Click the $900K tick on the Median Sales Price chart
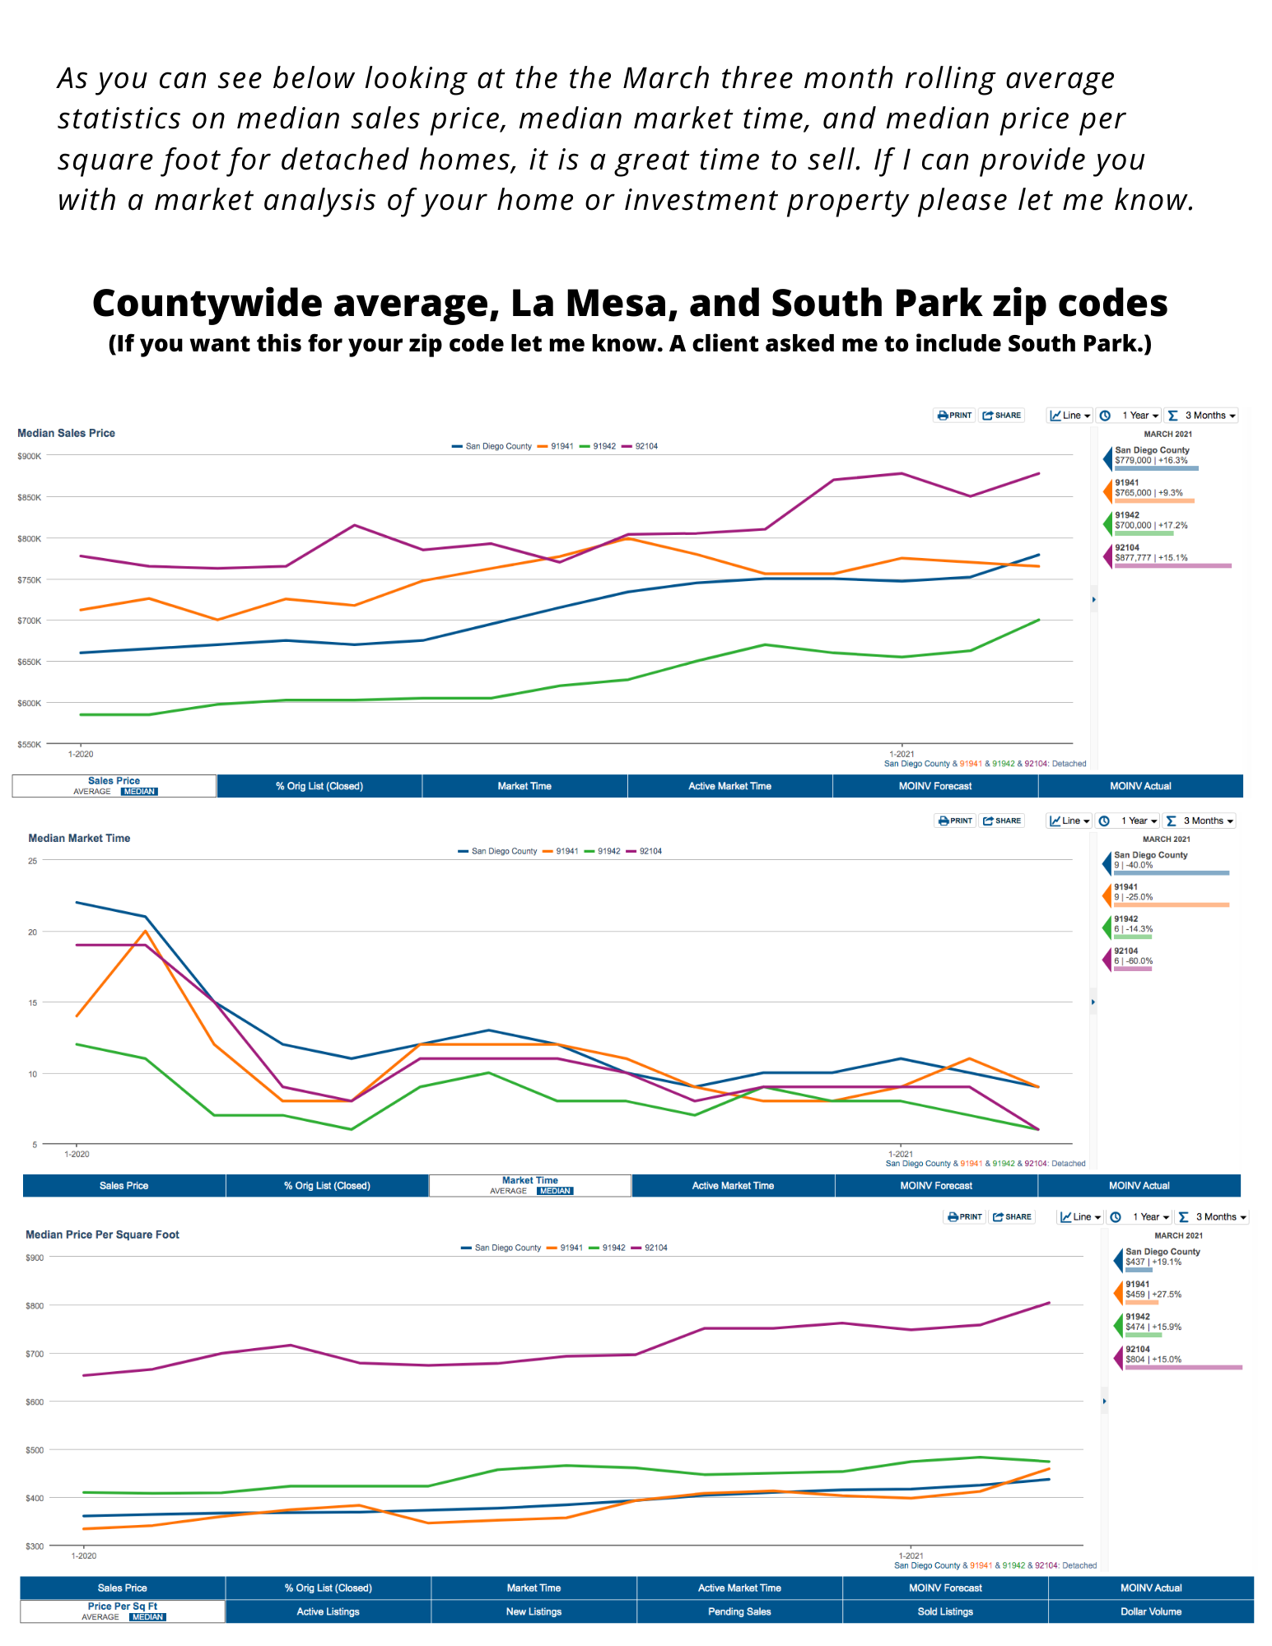click(29, 456)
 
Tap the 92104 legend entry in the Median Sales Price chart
click(645, 446)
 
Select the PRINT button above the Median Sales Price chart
click(955, 416)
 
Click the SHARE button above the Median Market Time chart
click(1002, 821)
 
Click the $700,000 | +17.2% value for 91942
click(1151, 525)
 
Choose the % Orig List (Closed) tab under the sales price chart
click(319, 786)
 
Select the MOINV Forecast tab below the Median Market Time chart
click(936, 1186)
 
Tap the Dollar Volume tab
click(1150, 1611)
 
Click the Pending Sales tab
click(739, 1611)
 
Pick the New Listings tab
click(533, 1611)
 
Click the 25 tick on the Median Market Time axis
click(33, 861)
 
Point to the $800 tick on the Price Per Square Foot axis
click(35, 1306)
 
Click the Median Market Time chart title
click(79, 838)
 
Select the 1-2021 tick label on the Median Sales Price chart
click(902, 754)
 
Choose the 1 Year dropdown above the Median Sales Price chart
click(1139, 416)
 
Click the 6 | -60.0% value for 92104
click(1133, 961)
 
